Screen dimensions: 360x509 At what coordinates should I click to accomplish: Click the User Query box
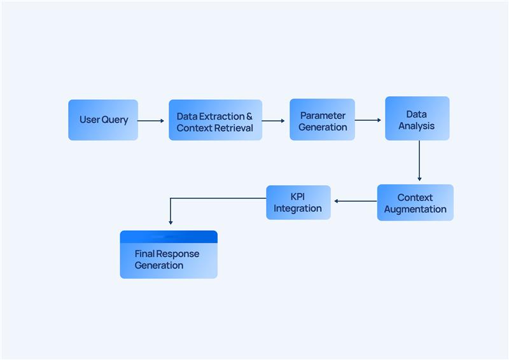103,120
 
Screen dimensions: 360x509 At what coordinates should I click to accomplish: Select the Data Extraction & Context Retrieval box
215,120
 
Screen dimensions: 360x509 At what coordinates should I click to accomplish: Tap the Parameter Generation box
322,120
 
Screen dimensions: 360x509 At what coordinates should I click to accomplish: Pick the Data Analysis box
417,118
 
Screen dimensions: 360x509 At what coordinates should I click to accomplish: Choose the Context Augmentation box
415,203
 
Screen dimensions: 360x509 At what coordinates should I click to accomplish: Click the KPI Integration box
298,202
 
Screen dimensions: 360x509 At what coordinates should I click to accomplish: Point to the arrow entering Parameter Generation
274,120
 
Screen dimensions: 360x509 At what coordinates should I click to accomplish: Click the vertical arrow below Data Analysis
419,160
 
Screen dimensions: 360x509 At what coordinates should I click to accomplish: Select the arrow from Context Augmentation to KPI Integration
355,202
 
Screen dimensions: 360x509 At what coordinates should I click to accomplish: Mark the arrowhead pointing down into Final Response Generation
171,222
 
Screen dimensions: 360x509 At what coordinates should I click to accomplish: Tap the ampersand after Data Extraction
249,116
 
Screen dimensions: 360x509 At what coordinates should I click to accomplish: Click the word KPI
298,197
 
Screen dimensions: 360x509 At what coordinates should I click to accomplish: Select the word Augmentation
415,209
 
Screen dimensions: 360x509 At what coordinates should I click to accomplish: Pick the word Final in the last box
144,254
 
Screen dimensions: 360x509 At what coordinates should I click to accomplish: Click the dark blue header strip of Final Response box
169,237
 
